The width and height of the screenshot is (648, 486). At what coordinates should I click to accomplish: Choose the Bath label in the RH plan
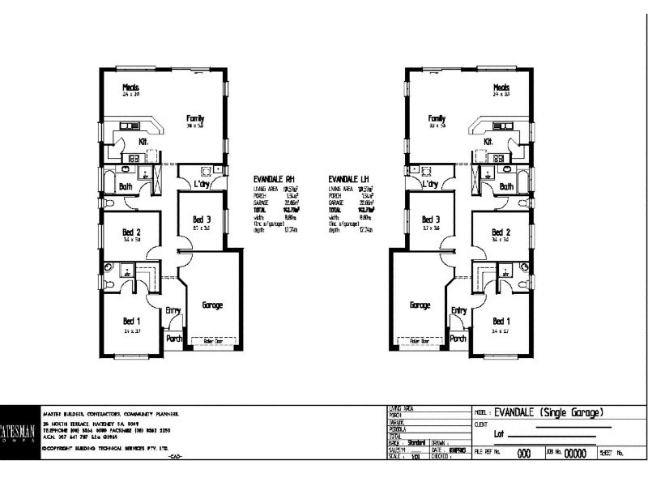point(126,186)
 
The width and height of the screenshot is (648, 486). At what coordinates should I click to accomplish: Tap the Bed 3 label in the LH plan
point(430,220)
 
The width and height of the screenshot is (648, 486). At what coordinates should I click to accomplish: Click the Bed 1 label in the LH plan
point(501,319)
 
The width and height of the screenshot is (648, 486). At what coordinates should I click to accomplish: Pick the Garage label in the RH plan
point(212,305)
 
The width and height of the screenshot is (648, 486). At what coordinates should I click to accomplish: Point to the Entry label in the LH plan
point(458,310)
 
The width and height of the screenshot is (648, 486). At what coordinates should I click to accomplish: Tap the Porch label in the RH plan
point(174,339)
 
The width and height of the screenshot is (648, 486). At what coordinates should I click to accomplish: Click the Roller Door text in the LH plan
point(420,342)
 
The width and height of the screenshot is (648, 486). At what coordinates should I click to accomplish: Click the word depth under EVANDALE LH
point(334,230)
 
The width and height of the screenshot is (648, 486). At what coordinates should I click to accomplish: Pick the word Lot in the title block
point(500,435)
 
